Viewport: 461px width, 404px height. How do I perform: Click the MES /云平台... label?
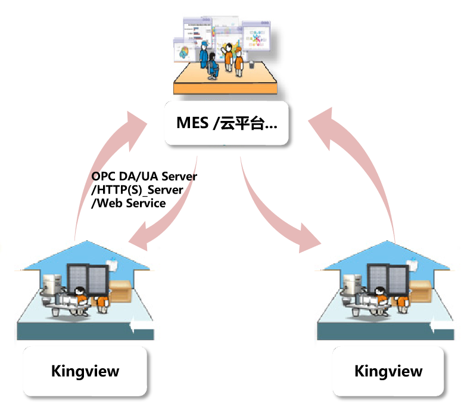coord(227,123)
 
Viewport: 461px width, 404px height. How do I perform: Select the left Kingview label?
coord(85,371)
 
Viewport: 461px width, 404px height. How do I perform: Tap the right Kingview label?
coord(388,371)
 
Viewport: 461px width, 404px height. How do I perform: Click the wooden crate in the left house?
coord(124,292)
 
